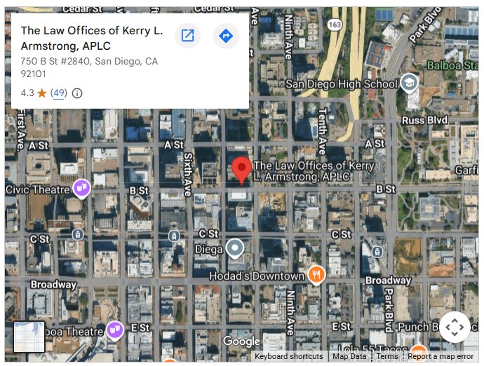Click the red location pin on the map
[x=242, y=169]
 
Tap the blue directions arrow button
[x=225, y=36]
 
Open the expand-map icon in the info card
[x=187, y=36]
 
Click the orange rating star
[x=42, y=93]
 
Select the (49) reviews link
[x=59, y=93]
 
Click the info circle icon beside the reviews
[x=77, y=93]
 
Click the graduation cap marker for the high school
[x=409, y=84]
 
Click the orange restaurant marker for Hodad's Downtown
[x=316, y=274]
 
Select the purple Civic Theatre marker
[x=81, y=188]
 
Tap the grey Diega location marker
[x=234, y=248]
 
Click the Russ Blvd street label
[x=424, y=120]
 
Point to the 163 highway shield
[x=335, y=25]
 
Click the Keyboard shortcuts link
[x=288, y=356]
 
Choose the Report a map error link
[x=441, y=356]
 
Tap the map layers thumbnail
[x=29, y=337]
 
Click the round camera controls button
[x=455, y=327]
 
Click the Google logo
[x=241, y=341]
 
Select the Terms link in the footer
[x=387, y=356]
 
